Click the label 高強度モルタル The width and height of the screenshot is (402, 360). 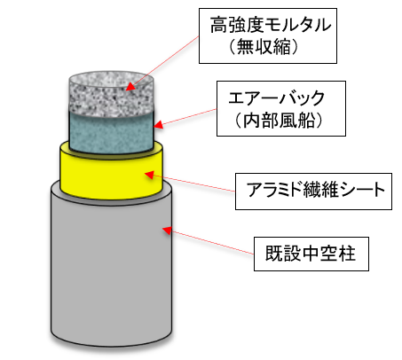click(x=271, y=25)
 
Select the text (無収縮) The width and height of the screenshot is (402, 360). click(x=264, y=47)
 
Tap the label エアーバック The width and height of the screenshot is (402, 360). click(x=277, y=98)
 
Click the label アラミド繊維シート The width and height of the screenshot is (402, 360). click(x=316, y=190)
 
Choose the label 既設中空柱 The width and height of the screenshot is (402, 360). click(x=311, y=254)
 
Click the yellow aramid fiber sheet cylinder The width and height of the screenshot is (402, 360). click(x=111, y=174)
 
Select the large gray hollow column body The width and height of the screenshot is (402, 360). click(x=111, y=266)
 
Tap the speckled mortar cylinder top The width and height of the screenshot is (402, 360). click(x=111, y=93)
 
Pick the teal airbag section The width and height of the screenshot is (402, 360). click(x=111, y=132)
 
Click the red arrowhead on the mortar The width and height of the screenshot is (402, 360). click(x=130, y=86)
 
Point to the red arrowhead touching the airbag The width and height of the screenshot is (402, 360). click(x=159, y=124)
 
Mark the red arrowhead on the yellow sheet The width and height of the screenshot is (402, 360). click(x=149, y=175)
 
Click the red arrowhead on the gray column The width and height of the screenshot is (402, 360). click(x=167, y=230)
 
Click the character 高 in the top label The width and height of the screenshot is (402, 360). click(x=218, y=25)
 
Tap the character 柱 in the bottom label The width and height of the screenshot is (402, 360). click(x=347, y=254)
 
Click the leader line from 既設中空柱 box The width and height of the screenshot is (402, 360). click(x=211, y=242)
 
